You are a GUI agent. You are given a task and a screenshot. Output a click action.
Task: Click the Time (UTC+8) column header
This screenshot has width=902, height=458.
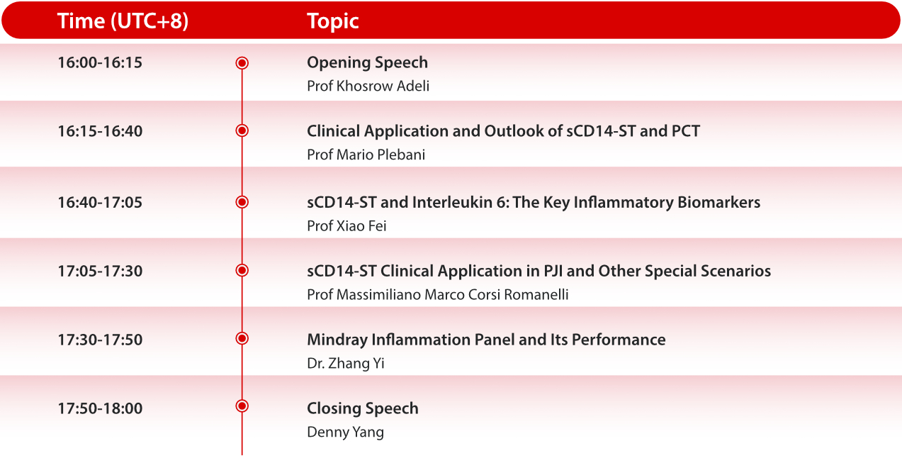click(123, 21)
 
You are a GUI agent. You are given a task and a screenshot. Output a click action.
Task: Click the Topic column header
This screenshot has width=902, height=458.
click(332, 21)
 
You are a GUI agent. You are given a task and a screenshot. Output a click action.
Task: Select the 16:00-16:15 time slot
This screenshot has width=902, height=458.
click(100, 62)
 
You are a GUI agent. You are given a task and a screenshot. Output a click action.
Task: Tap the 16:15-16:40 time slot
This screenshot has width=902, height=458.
click(100, 131)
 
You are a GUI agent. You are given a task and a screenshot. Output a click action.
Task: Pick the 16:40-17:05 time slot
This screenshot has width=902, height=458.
click(100, 202)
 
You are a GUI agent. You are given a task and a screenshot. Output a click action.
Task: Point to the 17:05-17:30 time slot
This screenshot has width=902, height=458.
click(100, 271)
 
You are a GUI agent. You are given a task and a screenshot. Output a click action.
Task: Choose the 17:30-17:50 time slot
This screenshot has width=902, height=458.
click(100, 340)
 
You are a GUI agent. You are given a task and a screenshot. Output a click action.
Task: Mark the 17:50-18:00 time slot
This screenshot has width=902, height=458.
click(100, 408)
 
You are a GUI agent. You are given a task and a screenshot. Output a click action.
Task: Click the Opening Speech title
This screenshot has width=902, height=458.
click(367, 62)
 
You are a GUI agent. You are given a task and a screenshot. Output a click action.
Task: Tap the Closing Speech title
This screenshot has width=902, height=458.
click(362, 408)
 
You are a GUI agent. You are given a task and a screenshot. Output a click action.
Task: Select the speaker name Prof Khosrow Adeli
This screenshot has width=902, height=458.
click(368, 86)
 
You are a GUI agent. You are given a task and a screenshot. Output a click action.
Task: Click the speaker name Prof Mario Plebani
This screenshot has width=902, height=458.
click(366, 155)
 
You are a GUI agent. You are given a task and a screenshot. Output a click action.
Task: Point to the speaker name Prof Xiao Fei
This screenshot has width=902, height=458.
click(346, 226)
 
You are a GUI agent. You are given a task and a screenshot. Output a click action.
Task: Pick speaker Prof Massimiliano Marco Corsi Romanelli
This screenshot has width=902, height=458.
click(437, 295)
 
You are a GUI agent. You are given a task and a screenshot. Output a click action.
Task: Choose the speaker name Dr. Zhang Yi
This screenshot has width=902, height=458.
click(345, 364)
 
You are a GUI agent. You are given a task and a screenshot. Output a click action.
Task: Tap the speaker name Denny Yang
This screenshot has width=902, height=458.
click(345, 432)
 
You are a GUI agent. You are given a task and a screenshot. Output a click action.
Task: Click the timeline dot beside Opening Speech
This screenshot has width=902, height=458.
click(242, 63)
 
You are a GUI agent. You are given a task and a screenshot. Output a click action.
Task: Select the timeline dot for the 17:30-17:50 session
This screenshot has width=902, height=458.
click(242, 339)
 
